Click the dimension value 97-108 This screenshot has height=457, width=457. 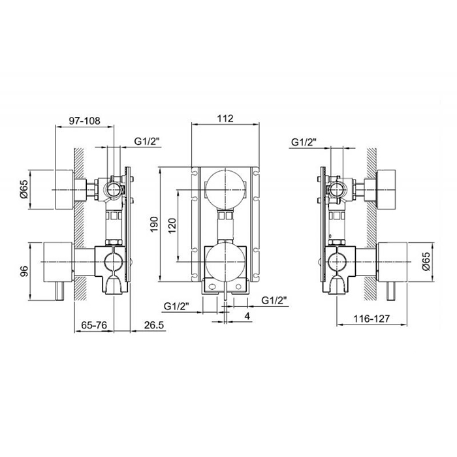click(x=84, y=121)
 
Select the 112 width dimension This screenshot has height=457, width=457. click(x=225, y=119)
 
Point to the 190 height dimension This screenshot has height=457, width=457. click(x=154, y=224)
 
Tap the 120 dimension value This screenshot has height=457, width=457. click(x=172, y=226)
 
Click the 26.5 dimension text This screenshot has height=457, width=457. click(x=154, y=325)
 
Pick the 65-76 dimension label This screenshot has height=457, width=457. click(x=94, y=325)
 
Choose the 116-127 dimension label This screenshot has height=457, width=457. click(x=371, y=319)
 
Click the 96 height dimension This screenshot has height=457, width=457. click(x=24, y=272)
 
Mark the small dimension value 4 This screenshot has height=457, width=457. click(x=247, y=316)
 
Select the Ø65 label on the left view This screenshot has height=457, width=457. click(x=24, y=189)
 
